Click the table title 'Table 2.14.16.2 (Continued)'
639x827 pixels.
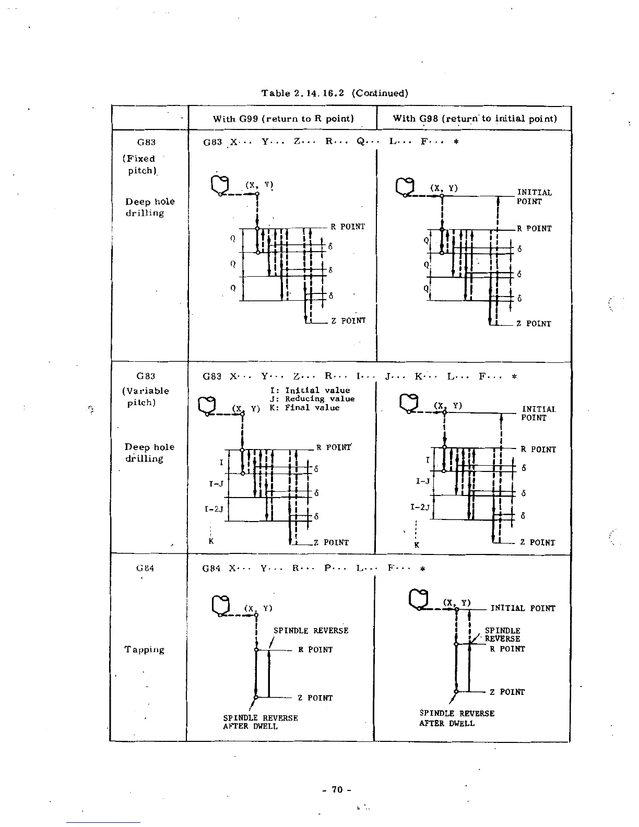pyautogui.click(x=335, y=93)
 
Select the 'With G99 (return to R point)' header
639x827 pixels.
pyautogui.click(x=283, y=119)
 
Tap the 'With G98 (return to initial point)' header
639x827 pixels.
pyautogui.click(x=475, y=119)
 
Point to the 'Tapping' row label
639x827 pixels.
pyautogui.click(x=144, y=649)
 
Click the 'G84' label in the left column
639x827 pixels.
pyautogui.click(x=145, y=568)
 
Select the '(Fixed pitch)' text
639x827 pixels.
pyautogui.click(x=140, y=164)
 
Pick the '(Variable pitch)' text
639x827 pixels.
pyautogui.click(x=146, y=397)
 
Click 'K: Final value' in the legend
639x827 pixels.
pyautogui.click(x=305, y=408)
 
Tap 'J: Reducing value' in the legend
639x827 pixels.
pyautogui.click(x=312, y=399)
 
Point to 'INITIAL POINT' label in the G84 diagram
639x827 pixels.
pyautogui.click(x=523, y=608)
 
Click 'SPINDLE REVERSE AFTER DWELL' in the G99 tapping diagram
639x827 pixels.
pyautogui.click(x=260, y=722)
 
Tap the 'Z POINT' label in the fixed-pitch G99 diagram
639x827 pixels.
pyautogui.click(x=348, y=321)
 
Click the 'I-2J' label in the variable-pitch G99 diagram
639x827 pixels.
pyautogui.click(x=214, y=509)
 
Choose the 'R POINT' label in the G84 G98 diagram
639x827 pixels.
pyautogui.click(x=507, y=649)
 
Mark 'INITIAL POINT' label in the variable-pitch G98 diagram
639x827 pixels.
pyautogui.click(x=538, y=413)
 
